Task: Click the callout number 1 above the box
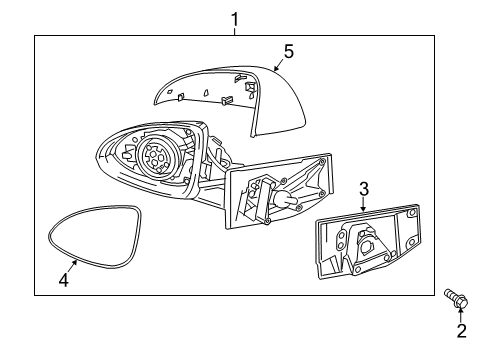(x=235, y=18)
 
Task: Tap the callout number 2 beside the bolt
(x=461, y=331)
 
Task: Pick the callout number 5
(x=288, y=50)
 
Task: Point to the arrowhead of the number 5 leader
(x=274, y=69)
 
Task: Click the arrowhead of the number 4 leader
(x=77, y=260)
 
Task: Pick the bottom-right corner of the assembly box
(x=434, y=295)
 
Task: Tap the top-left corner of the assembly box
(x=34, y=36)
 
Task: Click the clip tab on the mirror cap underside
(x=226, y=98)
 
